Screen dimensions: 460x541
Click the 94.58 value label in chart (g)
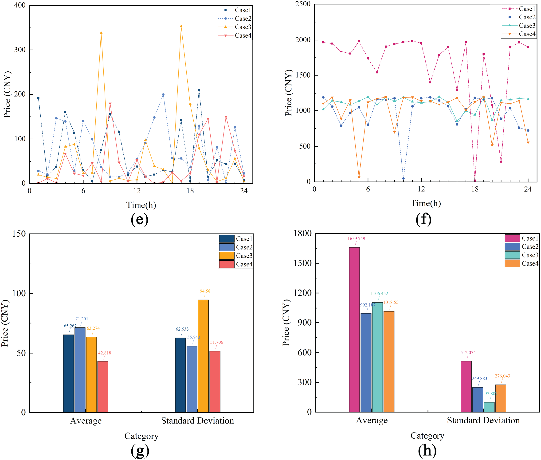205,291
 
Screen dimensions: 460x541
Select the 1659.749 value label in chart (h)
356,239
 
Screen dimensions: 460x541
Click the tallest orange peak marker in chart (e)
181,26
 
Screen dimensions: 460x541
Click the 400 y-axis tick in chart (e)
20,5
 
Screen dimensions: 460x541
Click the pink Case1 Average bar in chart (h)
354,330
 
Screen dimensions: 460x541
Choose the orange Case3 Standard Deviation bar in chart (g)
203,356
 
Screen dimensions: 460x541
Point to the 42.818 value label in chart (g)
104,353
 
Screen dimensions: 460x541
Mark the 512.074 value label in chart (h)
468,353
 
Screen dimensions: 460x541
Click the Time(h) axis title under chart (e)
141,205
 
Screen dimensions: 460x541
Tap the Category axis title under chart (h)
427,436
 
